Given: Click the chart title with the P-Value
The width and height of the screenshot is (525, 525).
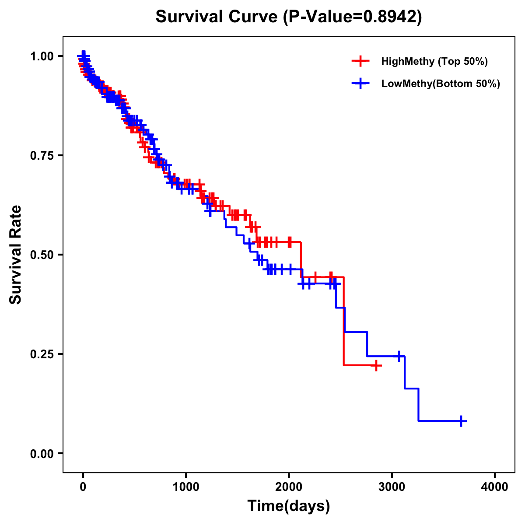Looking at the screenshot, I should (289, 17).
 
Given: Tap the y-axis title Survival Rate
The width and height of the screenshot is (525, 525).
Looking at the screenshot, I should (16, 255).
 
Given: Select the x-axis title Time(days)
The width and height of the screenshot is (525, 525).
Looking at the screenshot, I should (289, 506).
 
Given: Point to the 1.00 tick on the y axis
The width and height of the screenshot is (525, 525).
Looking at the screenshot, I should (42, 56).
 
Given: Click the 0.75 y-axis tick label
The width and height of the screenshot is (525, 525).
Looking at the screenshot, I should (42, 156).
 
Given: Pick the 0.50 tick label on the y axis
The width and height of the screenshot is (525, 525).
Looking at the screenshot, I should (42, 255).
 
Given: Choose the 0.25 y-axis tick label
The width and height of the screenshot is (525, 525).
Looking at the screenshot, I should (42, 354).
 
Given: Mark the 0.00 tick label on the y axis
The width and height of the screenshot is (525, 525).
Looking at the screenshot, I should (42, 454).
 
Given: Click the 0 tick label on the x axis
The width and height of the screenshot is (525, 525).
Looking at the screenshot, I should (83, 487).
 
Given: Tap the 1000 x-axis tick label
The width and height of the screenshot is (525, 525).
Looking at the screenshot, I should (186, 487).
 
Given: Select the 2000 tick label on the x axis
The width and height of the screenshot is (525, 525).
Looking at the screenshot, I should (289, 487).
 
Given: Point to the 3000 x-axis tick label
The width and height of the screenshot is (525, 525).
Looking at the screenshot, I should (392, 487).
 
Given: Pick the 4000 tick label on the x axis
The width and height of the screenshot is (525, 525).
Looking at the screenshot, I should (495, 487).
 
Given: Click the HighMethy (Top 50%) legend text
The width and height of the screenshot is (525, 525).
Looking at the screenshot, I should (434, 61).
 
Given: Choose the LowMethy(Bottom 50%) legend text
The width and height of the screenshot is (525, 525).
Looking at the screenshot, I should (441, 84).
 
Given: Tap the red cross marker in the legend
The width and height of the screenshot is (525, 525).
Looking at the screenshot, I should (360, 61).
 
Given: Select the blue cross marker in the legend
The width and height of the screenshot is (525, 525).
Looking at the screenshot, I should (360, 84).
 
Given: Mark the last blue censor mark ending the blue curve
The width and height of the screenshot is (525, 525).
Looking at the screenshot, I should (461, 421).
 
